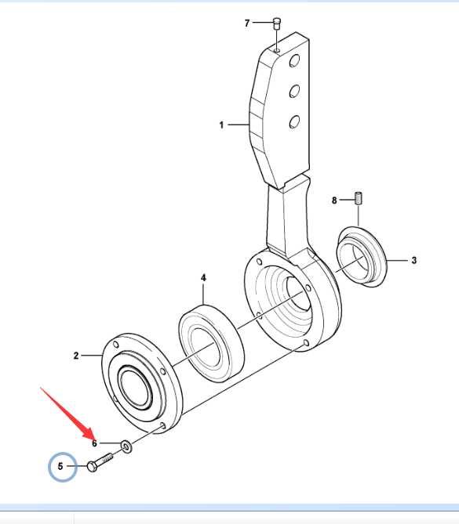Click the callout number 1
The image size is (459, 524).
[221, 125]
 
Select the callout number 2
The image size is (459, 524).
[76, 356]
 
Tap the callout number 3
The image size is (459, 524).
[414, 260]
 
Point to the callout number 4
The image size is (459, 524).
[203, 278]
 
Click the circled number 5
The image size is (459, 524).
[60, 466]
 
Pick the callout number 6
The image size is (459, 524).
[94, 443]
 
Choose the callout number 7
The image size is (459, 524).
[247, 23]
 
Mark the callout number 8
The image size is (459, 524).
[334, 201]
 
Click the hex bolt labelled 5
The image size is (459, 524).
[100, 462]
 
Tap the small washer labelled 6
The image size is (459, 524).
[126, 446]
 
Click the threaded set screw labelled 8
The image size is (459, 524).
[359, 198]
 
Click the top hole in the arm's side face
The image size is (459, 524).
[294, 61]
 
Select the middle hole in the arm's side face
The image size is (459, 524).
[294, 91]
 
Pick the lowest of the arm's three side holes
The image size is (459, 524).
[294, 121]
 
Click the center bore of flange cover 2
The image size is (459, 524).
[134, 387]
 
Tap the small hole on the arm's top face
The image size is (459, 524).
[277, 50]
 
